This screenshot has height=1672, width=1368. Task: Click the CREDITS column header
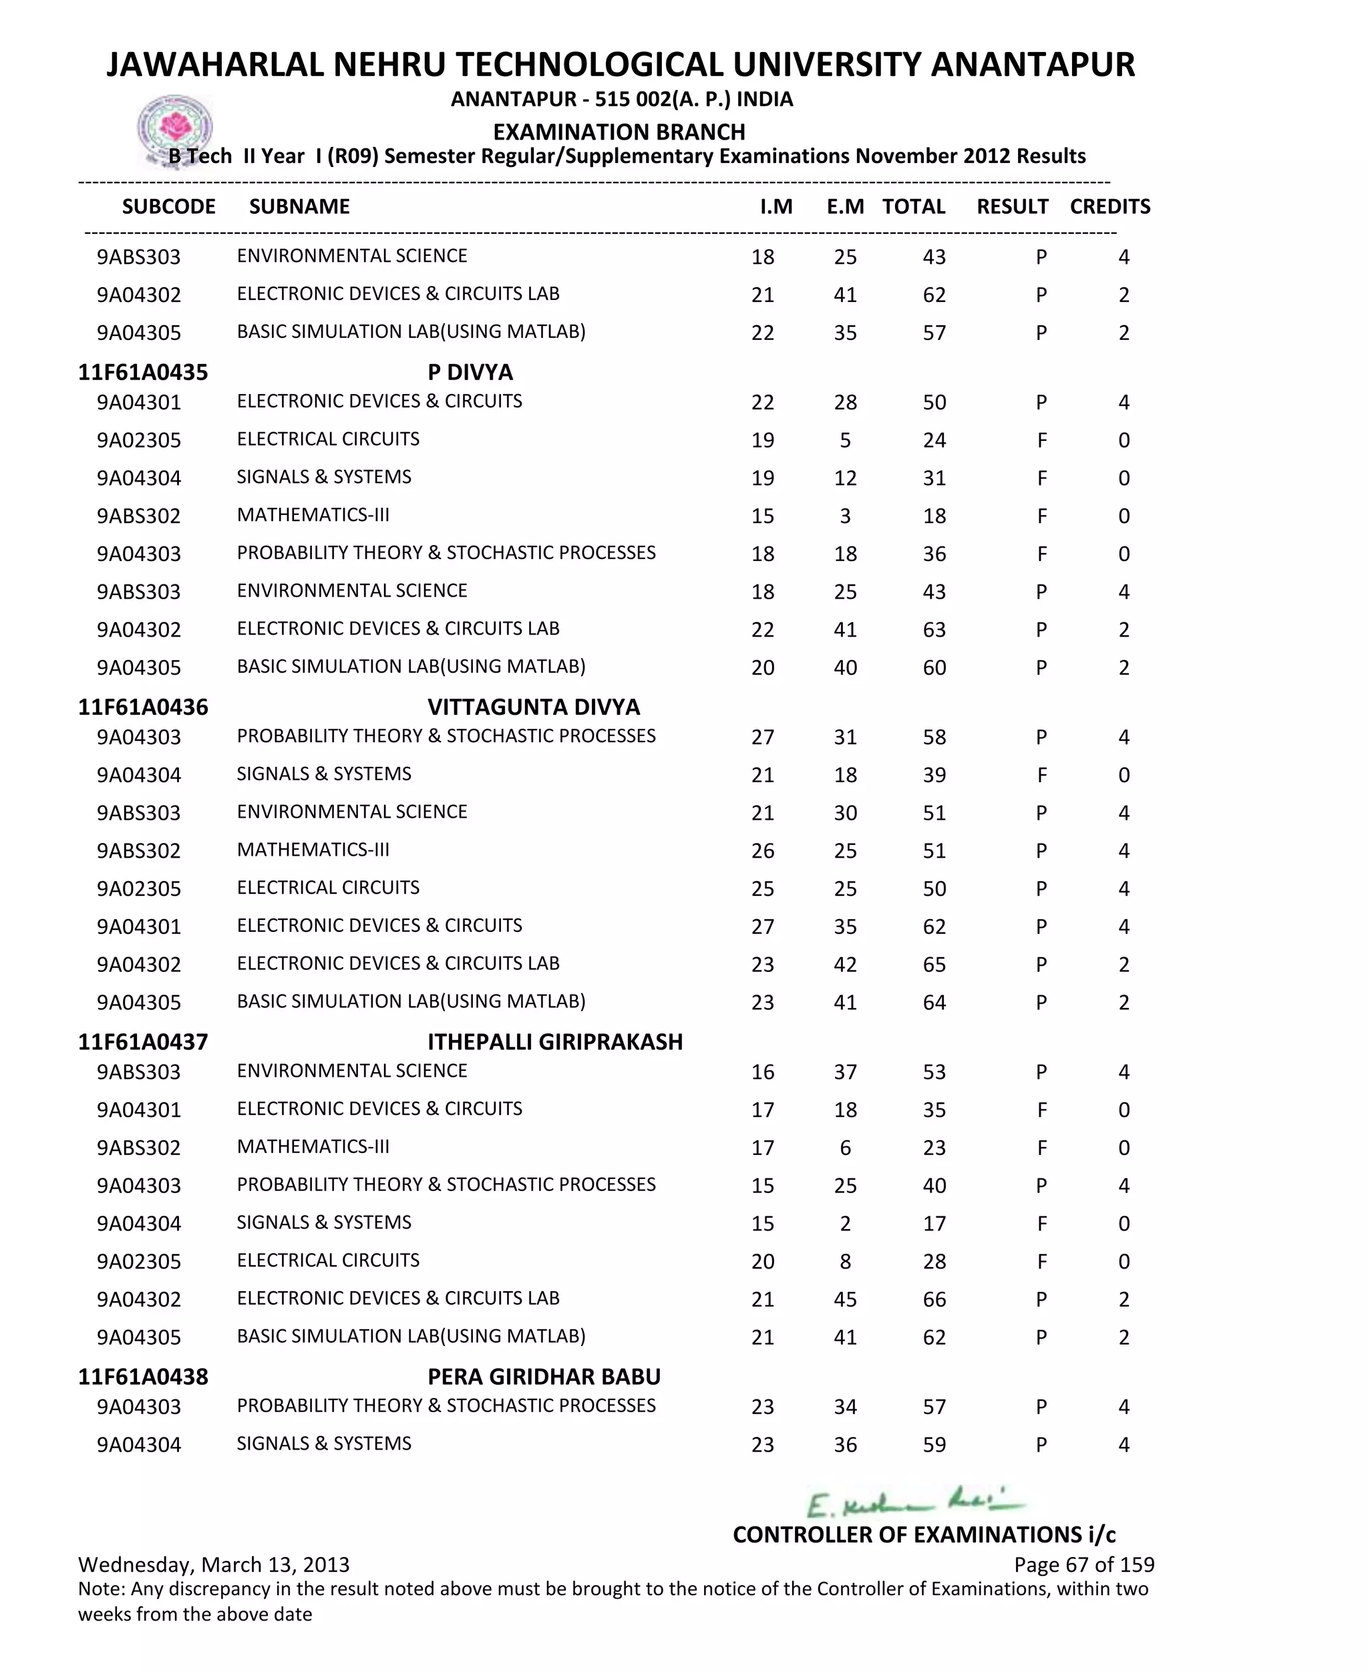(x=1109, y=206)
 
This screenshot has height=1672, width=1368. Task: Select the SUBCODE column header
(x=168, y=206)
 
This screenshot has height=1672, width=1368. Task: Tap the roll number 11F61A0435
(x=143, y=372)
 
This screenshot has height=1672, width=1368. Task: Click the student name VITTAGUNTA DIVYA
(x=534, y=707)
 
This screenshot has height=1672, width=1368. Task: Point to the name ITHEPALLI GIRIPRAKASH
(x=555, y=1041)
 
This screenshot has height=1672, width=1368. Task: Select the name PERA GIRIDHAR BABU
(x=544, y=1377)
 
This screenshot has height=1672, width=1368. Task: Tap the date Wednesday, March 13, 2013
(x=214, y=1564)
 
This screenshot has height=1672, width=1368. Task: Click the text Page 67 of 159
(x=1083, y=1564)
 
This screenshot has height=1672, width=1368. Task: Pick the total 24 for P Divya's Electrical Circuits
(x=934, y=440)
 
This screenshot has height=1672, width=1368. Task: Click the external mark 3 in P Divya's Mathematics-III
(x=845, y=516)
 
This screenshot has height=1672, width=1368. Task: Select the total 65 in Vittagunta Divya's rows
(x=934, y=965)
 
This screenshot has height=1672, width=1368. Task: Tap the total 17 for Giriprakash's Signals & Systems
(x=934, y=1224)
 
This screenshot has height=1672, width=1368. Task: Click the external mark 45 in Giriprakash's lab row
(x=845, y=1299)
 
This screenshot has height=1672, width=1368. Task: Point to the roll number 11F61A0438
(x=143, y=1377)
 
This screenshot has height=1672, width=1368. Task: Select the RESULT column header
(x=1012, y=206)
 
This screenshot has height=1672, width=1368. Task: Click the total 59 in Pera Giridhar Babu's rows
(x=934, y=1445)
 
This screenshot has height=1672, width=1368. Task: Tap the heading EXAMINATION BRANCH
(x=619, y=132)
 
